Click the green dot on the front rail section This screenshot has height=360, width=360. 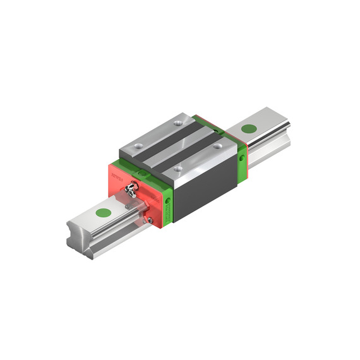[102, 212]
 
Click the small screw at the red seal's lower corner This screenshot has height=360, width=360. [151, 219]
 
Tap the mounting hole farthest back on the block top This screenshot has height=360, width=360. [178, 120]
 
